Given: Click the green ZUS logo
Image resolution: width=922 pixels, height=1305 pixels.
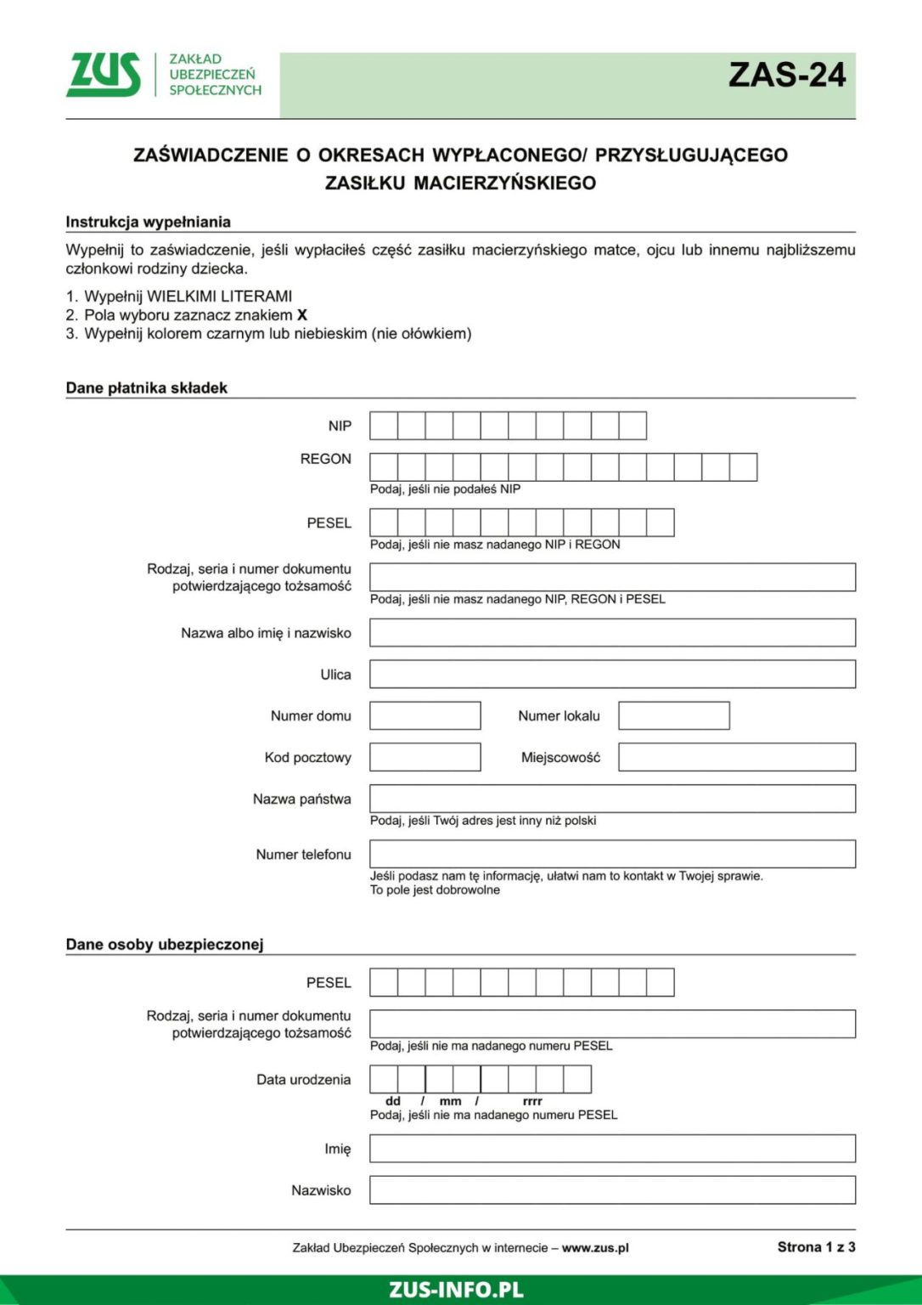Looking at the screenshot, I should tap(104, 75).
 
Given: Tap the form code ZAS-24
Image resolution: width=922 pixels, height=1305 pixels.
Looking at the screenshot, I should tap(786, 76).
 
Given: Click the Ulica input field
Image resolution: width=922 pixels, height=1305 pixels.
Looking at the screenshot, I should tap(611, 675).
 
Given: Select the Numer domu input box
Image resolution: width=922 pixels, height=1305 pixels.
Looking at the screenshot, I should tap(424, 715).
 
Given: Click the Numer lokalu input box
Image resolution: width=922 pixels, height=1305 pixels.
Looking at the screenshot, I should tap(673, 715).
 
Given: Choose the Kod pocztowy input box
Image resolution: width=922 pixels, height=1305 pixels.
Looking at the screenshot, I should tap(424, 757).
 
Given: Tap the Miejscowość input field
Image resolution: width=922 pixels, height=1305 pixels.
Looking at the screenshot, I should tap(736, 757).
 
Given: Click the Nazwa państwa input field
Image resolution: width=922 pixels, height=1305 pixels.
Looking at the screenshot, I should tap(611, 799).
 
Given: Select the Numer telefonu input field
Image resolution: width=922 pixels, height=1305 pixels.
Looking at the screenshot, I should tap(611, 854).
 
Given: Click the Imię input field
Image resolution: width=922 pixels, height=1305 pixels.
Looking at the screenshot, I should tap(611, 1149).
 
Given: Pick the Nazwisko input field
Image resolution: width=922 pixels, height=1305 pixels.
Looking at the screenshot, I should tap(611, 1190).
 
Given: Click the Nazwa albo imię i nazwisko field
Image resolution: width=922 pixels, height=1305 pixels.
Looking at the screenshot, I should tap(611, 633).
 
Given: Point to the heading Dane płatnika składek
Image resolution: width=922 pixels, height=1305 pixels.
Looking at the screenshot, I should tap(147, 388).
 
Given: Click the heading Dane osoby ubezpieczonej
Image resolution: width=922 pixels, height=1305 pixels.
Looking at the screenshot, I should tap(165, 945).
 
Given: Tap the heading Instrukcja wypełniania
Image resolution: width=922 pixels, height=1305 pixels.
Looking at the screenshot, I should tap(149, 223).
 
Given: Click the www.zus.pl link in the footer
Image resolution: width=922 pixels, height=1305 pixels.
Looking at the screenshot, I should tap(595, 1248).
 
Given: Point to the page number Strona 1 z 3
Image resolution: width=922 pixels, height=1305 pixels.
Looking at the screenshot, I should tap(816, 1247).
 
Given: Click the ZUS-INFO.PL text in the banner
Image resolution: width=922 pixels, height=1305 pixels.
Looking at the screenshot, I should tap(456, 1290).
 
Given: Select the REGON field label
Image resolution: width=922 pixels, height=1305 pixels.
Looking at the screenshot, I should tap(325, 459).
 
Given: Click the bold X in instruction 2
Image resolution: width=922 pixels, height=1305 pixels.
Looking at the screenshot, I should tap(302, 315).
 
